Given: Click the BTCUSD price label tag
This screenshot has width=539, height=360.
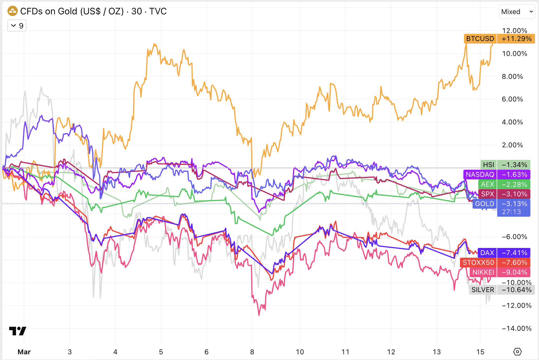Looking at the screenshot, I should [x=480, y=39].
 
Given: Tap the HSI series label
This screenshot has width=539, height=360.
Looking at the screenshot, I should [x=488, y=165].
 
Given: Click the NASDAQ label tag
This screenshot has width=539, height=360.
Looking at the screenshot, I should [x=480, y=175].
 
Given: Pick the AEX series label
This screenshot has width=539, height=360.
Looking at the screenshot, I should [x=487, y=184].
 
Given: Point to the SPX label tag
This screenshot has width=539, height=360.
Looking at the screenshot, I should [x=487, y=194].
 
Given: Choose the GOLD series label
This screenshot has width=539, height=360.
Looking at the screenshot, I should [x=485, y=204].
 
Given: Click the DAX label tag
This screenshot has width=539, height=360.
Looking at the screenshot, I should [x=487, y=253].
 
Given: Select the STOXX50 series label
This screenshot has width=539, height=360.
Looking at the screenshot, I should [x=478, y=263].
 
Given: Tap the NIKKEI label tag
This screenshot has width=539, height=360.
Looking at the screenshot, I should [x=483, y=272].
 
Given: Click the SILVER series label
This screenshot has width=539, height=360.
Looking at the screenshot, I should [x=483, y=290].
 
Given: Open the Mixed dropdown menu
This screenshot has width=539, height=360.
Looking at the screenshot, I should [x=517, y=12].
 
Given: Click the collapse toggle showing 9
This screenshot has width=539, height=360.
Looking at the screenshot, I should [x=17, y=26].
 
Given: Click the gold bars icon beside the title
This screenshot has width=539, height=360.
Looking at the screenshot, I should [x=13, y=11].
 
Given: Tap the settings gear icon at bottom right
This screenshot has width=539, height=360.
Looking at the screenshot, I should [x=518, y=352].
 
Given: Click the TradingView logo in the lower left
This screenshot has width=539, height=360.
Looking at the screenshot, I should [x=17, y=331].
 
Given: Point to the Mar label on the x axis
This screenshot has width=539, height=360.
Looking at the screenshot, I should [x=24, y=352].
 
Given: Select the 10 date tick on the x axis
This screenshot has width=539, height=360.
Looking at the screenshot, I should [x=300, y=352].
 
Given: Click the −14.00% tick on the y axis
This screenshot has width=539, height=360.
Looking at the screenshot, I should [x=516, y=328].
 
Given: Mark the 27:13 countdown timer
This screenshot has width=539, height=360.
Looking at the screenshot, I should [x=511, y=212].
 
